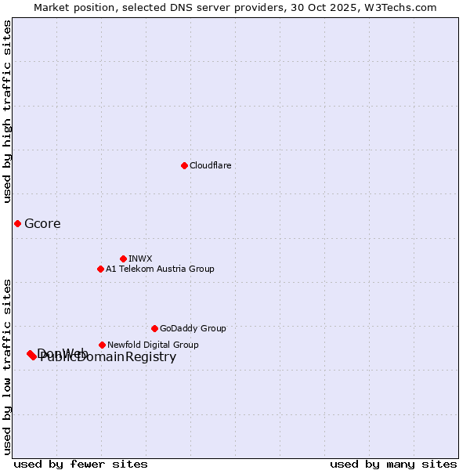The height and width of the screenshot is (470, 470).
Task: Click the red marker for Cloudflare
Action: tap(184, 165)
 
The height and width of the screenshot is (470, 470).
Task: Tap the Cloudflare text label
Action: tap(210, 165)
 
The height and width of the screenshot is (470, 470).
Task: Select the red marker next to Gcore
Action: tap(17, 223)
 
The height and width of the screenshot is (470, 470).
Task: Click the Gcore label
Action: tap(42, 224)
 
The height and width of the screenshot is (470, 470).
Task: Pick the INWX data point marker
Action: tap(123, 258)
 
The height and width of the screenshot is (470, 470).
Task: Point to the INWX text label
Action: tap(140, 258)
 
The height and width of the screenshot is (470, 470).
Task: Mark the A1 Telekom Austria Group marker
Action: tap(100, 269)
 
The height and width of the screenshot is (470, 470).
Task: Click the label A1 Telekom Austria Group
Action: tap(160, 269)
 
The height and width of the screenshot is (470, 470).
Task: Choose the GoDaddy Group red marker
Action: tap(154, 328)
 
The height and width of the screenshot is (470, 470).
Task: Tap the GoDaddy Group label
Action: tap(193, 328)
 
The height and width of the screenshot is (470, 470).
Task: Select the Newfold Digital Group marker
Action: tap(102, 345)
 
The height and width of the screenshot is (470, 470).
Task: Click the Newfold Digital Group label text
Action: tap(153, 345)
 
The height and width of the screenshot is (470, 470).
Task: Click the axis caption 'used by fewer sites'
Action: tap(81, 464)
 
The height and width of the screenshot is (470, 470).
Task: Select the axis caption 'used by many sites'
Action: tap(393, 464)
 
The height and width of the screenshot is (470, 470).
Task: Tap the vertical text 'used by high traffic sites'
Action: tap(8, 111)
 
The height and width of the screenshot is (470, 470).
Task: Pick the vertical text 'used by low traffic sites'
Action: tap(8, 367)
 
